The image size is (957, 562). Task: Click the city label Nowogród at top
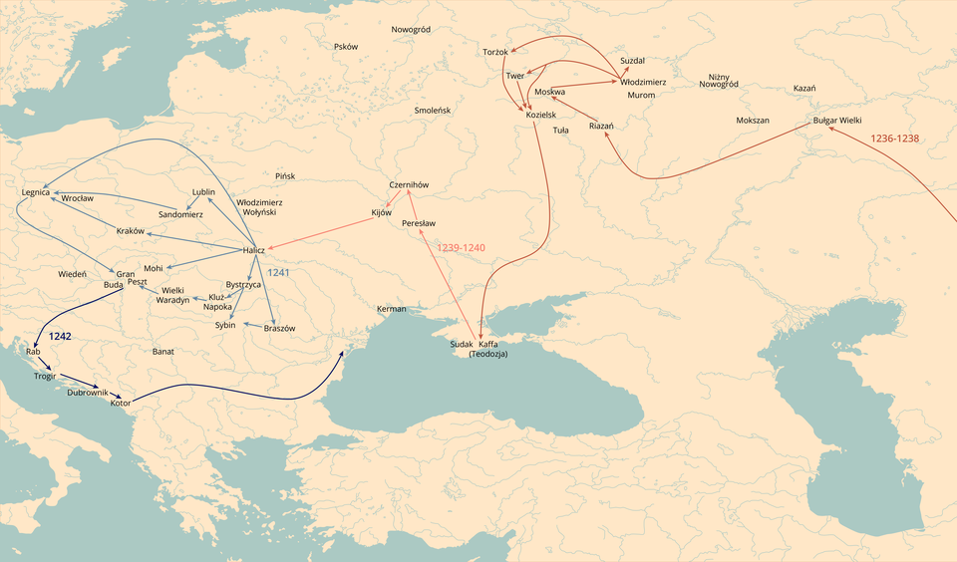(411, 30)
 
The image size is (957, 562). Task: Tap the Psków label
(346, 47)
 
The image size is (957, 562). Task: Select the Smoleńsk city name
(433, 110)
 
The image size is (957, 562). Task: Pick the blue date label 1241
(278, 272)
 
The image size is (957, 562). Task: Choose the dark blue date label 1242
(61, 338)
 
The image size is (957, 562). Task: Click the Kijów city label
(382, 213)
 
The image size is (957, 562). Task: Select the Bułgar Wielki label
(837, 121)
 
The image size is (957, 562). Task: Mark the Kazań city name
(804, 89)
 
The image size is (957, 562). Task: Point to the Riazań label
(601, 126)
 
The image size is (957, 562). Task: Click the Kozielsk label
(540, 116)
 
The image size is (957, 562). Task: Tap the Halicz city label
(253, 250)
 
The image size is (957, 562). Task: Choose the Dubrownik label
(88, 393)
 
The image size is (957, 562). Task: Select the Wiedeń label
(72, 273)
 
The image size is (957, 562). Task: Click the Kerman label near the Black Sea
(392, 309)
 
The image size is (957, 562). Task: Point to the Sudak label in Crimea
(461, 344)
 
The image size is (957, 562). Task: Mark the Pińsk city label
(285, 176)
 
